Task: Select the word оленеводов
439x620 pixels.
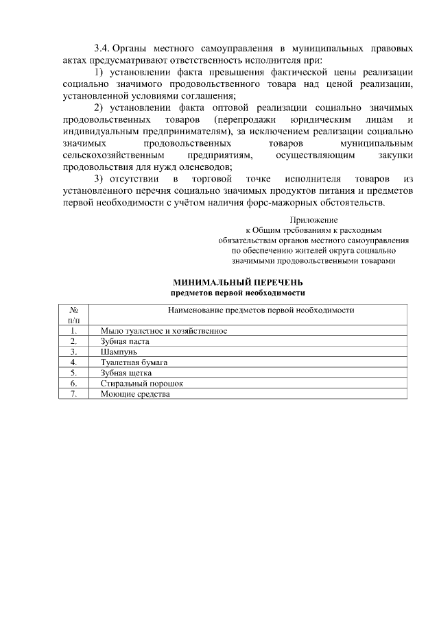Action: [x=209, y=166]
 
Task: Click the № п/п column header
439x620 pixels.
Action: [x=73, y=314]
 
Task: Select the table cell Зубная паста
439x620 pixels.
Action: [x=125, y=340]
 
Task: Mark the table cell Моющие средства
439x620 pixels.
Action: [x=134, y=394]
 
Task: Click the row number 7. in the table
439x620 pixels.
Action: [x=73, y=394]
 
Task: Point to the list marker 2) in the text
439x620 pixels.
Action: [x=98, y=108]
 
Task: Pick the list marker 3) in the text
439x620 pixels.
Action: [x=98, y=179]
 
